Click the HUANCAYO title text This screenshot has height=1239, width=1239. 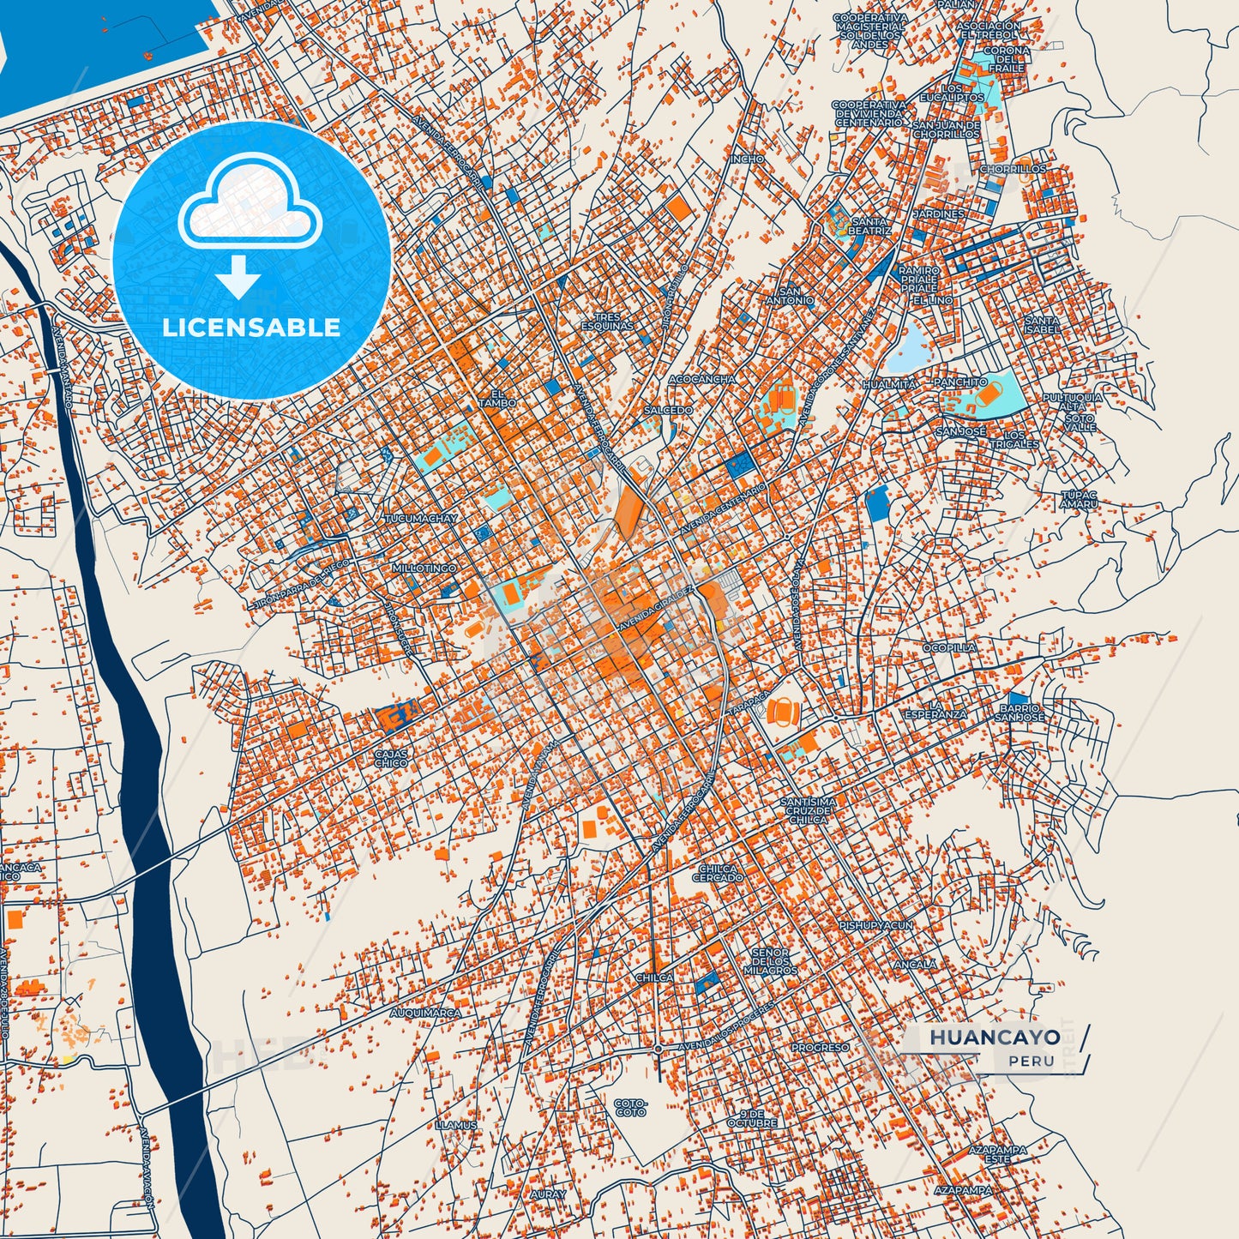995,1038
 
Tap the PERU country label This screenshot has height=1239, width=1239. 1031,1062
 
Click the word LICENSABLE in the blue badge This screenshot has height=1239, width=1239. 251,328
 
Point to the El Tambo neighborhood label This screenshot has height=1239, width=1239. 497,398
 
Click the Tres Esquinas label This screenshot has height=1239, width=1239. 607,322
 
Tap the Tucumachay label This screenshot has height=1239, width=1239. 421,519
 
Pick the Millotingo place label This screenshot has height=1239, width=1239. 424,568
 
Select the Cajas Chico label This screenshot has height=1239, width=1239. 391,758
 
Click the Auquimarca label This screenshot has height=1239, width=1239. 425,1013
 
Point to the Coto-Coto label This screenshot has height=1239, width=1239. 630,1108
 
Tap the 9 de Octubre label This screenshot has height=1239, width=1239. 752,1117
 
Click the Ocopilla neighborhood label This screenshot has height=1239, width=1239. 949,647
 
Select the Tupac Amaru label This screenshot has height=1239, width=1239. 1079,500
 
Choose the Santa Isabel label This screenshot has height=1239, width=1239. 1042,325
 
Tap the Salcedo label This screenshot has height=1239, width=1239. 668,411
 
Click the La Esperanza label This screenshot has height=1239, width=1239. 935,709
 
